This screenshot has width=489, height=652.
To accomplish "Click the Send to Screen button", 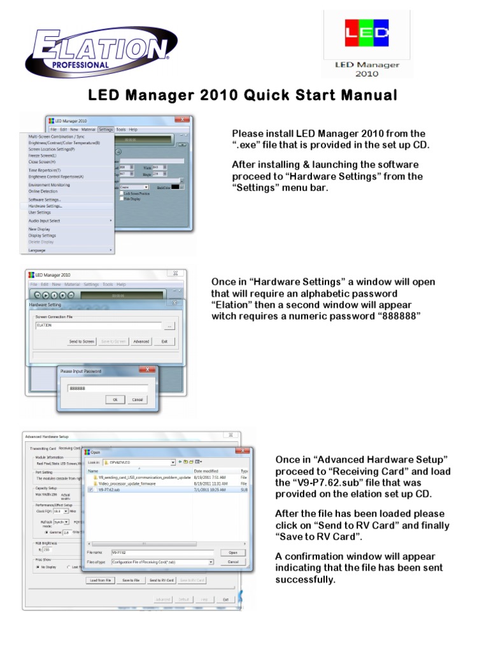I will click(x=81, y=341).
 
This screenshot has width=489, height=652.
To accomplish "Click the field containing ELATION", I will click(x=98, y=325).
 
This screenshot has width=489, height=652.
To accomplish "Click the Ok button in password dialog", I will click(x=115, y=400).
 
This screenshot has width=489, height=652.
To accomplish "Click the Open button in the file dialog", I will click(x=233, y=552).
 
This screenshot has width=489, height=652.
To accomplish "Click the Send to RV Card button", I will click(x=162, y=580).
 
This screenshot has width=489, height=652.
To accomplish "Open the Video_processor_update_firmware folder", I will click(x=127, y=483).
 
